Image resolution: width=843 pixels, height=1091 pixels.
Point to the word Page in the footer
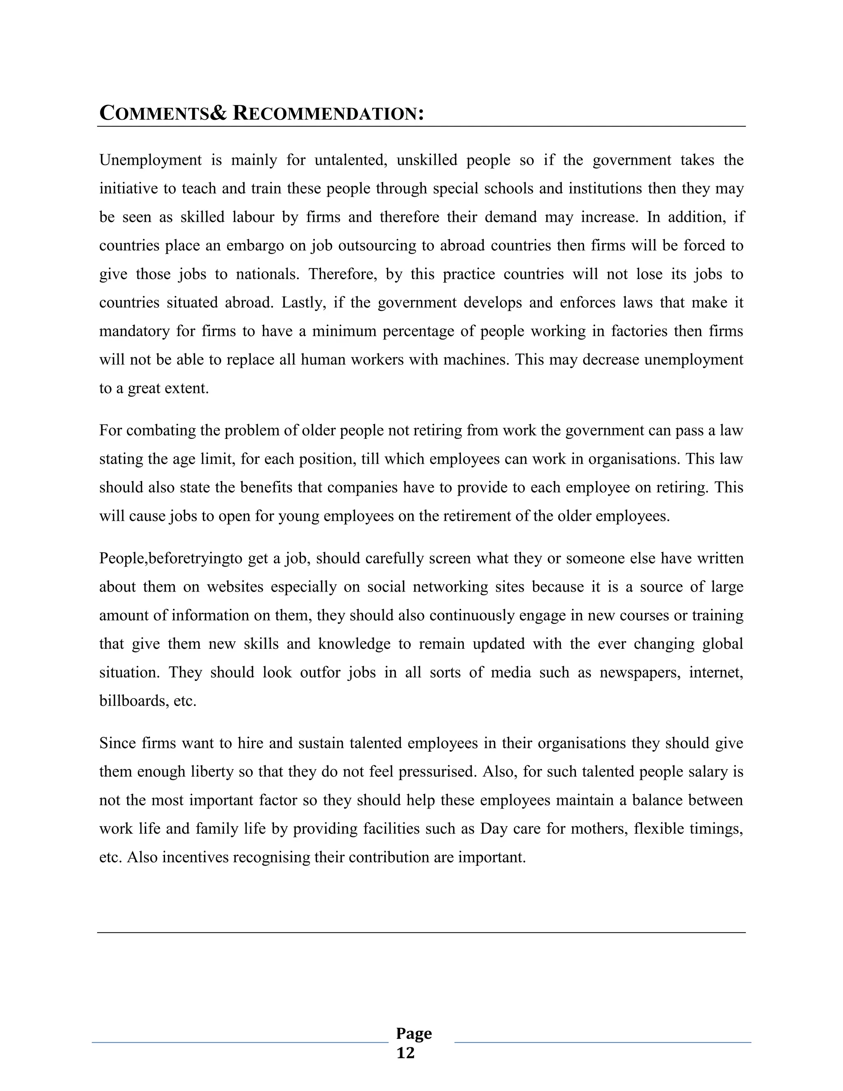point(414,1033)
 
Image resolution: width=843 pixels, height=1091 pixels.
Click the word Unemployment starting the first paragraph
point(150,160)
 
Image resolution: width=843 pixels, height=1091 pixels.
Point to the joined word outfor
point(320,672)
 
